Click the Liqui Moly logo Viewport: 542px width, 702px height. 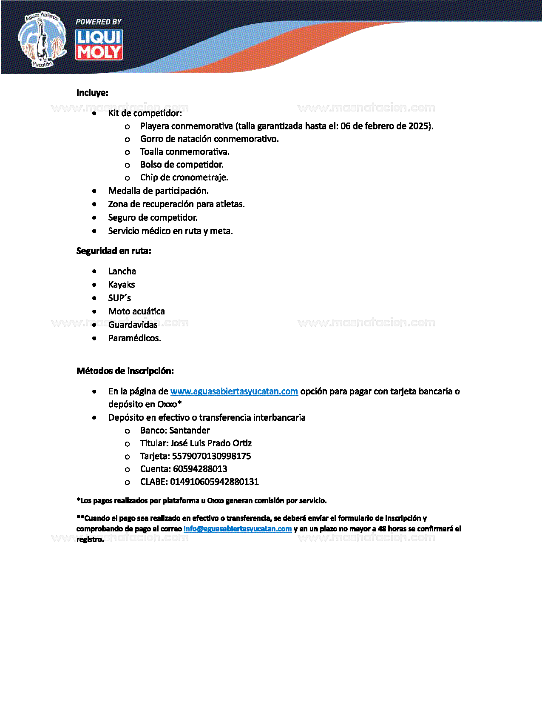(99, 45)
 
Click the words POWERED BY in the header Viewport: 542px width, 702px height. (98, 22)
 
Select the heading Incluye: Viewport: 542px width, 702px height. (92, 93)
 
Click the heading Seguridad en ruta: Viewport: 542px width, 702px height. (114, 251)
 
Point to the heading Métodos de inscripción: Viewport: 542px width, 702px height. (125, 371)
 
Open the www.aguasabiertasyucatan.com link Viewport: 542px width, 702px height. (234, 391)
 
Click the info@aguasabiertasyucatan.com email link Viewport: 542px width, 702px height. (237, 529)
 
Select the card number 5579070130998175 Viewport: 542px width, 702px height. (211, 456)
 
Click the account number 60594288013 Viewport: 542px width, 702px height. (200, 469)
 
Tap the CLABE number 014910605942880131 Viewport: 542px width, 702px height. (214, 482)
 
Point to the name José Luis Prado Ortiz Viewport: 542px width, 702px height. (211, 443)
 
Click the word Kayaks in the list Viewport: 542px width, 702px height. (122, 285)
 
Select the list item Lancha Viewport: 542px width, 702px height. (122, 271)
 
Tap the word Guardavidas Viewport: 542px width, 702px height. (133, 325)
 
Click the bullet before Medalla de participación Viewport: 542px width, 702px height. (94, 191)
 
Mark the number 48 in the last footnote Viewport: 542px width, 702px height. (382, 529)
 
